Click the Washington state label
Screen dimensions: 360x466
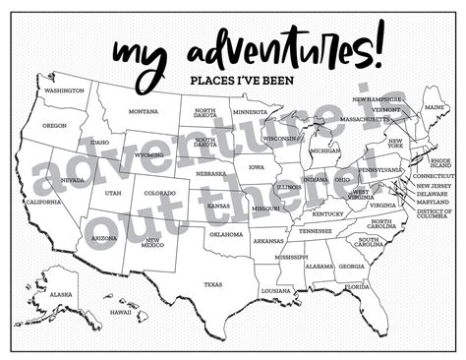point(64,90)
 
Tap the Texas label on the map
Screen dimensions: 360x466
point(212,284)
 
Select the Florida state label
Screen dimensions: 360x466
point(357,286)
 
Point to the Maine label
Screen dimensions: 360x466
point(433,106)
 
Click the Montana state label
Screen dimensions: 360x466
point(143,111)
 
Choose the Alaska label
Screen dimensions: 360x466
point(61,294)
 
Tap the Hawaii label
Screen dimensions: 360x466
point(121,312)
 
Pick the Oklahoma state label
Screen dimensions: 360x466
point(225,234)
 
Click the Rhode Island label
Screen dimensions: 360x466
point(439,162)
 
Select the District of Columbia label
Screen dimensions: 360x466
point(434,214)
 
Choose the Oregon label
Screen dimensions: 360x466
point(55,125)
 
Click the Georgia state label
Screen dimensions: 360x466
point(351,267)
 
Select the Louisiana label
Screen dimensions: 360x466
point(276,291)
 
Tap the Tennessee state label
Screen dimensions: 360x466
point(316,231)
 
